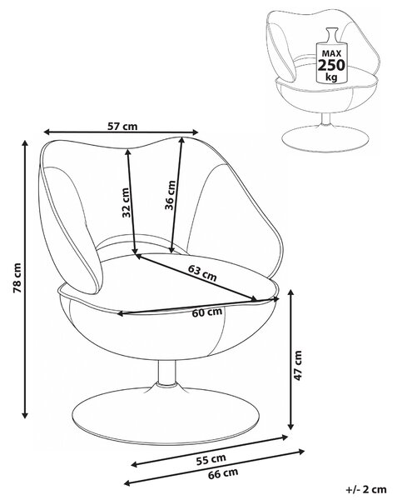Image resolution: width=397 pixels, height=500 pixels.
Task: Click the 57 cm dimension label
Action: click(x=122, y=127)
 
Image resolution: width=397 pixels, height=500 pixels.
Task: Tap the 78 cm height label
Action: click(x=17, y=277)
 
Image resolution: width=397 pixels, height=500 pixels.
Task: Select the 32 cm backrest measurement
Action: click(x=126, y=202)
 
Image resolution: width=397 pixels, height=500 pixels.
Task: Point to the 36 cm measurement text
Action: click(x=170, y=195)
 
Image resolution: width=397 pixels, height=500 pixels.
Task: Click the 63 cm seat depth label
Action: click(x=202, y=273)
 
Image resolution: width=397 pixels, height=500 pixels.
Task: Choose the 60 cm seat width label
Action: click(x=207, y=312)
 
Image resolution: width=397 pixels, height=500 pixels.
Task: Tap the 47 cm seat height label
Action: click(x=297, y=366)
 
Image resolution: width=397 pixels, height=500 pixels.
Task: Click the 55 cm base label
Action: click(x=211, y=459)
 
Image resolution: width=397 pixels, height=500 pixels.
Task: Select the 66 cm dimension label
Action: click(x=223, y=474)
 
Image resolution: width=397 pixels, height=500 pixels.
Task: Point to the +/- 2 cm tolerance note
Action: click(x=366, y=489)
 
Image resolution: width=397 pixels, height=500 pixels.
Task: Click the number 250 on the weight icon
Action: click(x=331, y=65)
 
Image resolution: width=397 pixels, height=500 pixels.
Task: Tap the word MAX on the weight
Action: click(x=331, y=53)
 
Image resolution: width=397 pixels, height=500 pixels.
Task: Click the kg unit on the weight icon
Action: click(x=331, y=77)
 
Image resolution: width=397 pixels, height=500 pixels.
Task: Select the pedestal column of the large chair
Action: click(x=166, y=373)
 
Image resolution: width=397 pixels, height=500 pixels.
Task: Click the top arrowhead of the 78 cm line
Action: click(x=25, y=143)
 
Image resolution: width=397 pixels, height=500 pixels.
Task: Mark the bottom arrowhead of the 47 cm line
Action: click(x=290, y=425)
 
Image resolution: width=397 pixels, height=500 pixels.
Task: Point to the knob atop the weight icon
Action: click(x=331, y=33)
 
